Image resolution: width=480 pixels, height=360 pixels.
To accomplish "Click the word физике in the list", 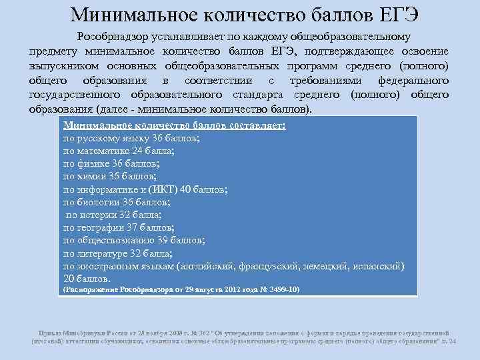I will [x=92, y=163].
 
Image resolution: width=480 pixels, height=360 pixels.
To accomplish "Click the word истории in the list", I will [x=97, y=215].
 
